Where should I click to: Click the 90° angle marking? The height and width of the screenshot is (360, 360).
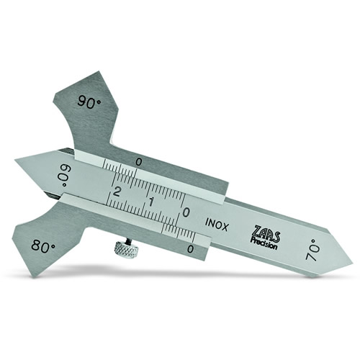point(89,103)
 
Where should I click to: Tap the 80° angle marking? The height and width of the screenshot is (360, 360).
point(43,246)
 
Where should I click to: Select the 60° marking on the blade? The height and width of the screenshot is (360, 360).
point(63,176)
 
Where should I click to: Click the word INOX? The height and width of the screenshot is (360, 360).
point(216,225)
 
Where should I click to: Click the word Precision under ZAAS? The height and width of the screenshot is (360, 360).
point(264,243)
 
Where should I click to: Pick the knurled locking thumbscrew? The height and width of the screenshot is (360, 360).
point(127,248)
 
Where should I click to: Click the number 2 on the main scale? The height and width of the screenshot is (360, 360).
point(117,192)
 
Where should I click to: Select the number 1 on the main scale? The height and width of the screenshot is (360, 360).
point(151,202)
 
